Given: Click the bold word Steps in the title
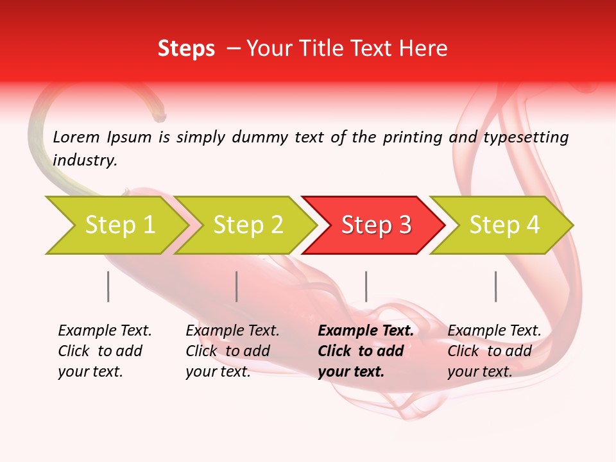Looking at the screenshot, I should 186,49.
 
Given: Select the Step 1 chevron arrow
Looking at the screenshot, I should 116,225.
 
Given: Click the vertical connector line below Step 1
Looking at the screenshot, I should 108,286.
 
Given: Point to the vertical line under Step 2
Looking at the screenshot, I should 237,286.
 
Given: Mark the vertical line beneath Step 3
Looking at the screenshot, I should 366,286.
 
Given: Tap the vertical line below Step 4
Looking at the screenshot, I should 496,286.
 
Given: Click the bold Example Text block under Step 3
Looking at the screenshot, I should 366,351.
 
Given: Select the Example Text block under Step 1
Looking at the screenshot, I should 105,351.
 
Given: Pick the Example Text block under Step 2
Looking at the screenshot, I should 232,351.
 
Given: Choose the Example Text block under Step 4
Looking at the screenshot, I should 494,351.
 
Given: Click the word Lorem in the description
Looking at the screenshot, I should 76,137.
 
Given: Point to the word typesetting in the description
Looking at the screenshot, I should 526,137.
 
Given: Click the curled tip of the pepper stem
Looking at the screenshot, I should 159,117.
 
